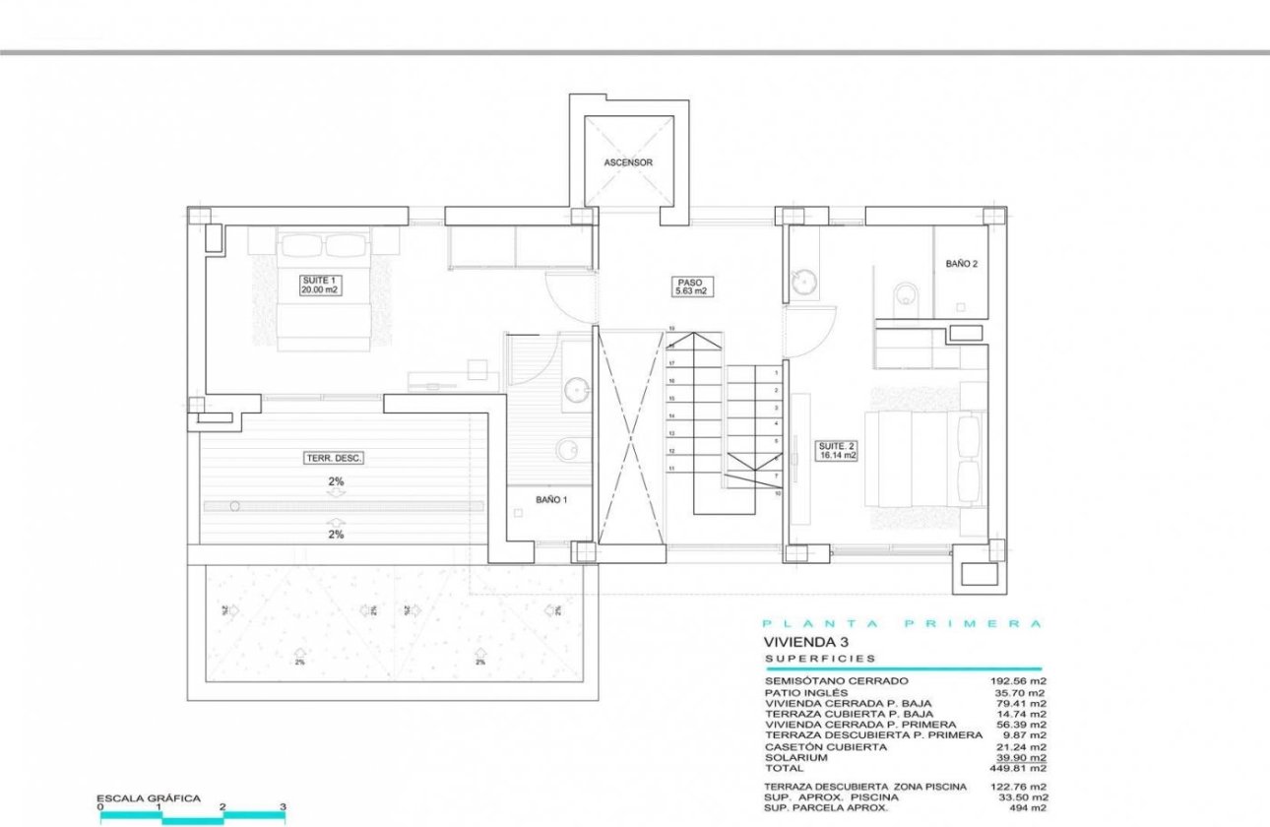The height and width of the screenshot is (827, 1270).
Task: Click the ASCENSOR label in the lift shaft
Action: pos(627,162)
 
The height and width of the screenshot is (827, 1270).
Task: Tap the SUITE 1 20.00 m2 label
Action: pos(321,286)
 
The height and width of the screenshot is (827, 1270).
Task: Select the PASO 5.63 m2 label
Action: pos(691,286)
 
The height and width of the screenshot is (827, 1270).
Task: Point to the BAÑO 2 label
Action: pos(961,264)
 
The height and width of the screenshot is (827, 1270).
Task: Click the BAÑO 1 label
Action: pos(551,500)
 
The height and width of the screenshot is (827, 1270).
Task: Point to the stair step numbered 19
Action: pos(670,329)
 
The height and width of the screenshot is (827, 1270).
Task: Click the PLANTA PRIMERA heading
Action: pos(902,624)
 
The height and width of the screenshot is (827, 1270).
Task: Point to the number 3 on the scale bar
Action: pos(283,807)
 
